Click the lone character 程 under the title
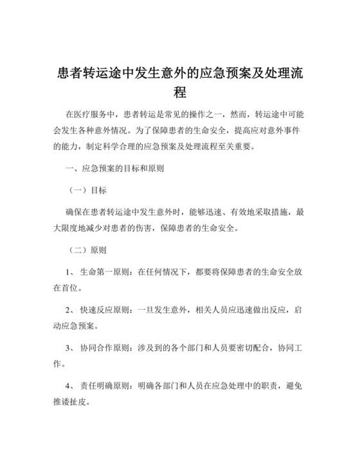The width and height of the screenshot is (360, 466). [x=180, y=91]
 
